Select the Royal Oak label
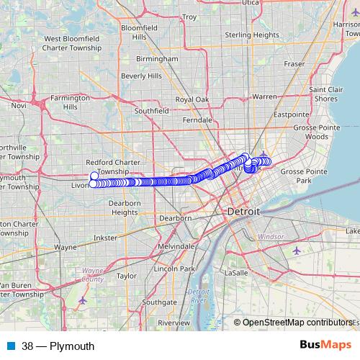pyautogui.click(x=192, y=99)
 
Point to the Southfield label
pyautogui.click(x=151, y=112)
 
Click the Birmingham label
pyautogui.click(x=157, y=59)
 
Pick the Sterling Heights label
pyautogui.click(x=252, y=35)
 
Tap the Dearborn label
pyautogui.click(x=175, y=217)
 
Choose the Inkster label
pyautogui.click(x=105, y=237)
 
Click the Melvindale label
pyautogui.click(x=175, y=246)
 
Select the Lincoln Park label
pyautogui.click(x=181, y=269)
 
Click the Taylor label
pyautogui.click(x=126, y=275)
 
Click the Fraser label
pyautogui.click(x=294, y=64)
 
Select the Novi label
pyautogui.click(x=19, y=105)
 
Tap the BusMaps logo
pyautogui.click(x=325, y=346)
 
